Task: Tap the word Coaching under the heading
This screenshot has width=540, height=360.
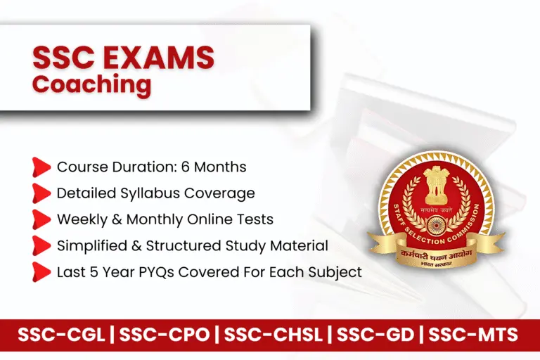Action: (91, 84)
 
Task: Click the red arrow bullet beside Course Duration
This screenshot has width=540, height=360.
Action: (41, 167)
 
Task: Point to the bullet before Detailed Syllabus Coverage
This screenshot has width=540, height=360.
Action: (41, 193)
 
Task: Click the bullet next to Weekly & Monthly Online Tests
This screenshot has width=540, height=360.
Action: (41, 219)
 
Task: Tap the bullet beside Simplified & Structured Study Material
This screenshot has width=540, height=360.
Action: (41, 245)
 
